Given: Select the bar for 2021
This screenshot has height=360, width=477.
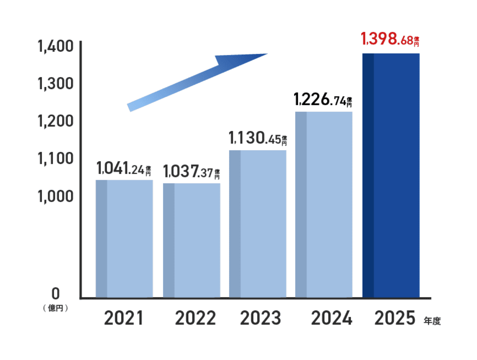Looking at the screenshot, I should [x=124, y=238].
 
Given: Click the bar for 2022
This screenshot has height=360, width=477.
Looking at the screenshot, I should [x=192, y=240].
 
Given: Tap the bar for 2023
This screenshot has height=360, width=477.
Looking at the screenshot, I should [x=258, y=224].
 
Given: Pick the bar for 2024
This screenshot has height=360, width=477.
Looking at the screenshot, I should [x=324, y=205].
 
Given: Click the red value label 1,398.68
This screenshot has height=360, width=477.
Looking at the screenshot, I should [x=390, y=39].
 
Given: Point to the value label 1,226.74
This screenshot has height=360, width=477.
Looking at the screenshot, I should [x=323, y=99].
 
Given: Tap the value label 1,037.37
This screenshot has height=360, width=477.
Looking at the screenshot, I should [x=191, y=171].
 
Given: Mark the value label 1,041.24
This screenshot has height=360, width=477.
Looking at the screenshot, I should [x=124, y=169].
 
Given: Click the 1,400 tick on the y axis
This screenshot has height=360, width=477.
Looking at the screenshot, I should [x=55, y=46].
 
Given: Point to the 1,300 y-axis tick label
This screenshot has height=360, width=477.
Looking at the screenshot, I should [x=55, y=84].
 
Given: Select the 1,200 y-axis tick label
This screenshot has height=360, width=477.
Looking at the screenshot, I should [x=55, y=121].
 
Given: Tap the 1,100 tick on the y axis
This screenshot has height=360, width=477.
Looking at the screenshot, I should [x=55, y=158].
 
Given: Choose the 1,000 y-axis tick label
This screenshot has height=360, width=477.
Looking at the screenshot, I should [x=55, y=196].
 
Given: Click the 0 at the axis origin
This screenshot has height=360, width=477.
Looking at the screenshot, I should [x=55, y=294].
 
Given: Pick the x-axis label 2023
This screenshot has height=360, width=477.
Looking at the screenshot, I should [x=261, y=318].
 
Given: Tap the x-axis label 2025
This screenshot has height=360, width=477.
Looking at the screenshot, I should [x=395, y=318].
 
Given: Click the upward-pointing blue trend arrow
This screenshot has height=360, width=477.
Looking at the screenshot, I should [x=198, y=81].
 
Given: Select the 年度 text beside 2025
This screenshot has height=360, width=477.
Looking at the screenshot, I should [x=432, y=321].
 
